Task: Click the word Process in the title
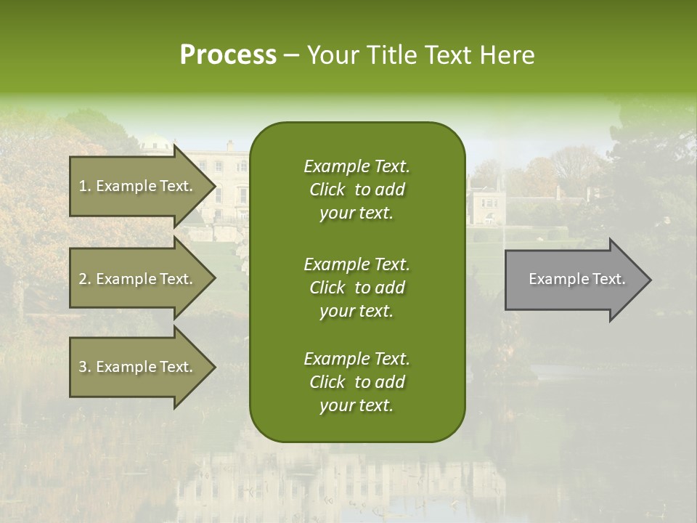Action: coord(228,55)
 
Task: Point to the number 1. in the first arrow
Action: coord(85,186)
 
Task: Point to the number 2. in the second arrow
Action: coord(85,279)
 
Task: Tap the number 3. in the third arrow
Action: coord(85,367)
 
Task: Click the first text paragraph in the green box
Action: coord(356,190)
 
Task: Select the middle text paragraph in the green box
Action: coord(356,287)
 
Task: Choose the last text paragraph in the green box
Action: coord(356,382)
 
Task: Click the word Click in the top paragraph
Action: coord(327,190)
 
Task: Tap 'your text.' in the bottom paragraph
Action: coord(356,406)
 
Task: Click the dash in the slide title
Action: coord(292,55)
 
